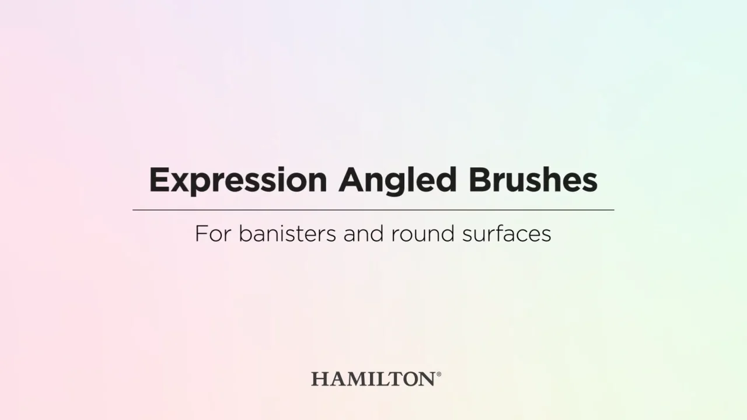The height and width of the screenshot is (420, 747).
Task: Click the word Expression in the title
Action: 238,180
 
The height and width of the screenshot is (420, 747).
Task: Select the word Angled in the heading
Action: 397,180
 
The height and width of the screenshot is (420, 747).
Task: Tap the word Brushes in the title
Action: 533,180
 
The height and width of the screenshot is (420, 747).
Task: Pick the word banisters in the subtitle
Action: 287,234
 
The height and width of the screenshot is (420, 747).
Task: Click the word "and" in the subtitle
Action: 363,234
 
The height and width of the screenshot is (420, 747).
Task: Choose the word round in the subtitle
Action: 423,234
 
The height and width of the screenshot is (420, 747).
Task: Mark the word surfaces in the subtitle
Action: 506,234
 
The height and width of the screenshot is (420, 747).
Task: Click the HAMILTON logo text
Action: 373,379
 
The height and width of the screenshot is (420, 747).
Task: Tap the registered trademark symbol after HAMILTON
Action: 439,374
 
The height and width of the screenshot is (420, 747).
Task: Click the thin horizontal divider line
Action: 373,209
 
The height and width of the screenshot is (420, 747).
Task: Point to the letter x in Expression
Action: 174,182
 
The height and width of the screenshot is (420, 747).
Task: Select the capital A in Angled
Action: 351,180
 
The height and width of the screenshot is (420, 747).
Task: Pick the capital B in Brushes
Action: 480,180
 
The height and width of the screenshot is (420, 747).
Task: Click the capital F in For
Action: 201,234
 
